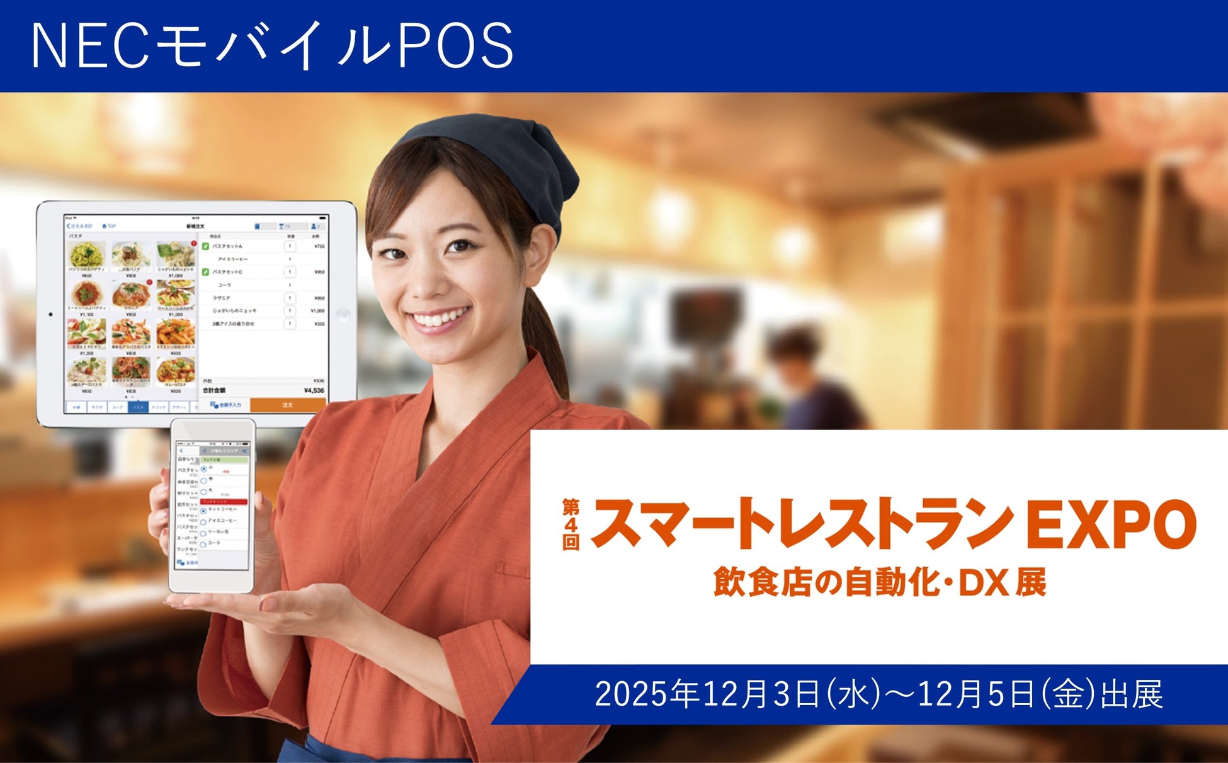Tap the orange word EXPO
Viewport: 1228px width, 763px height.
pos(1111,524)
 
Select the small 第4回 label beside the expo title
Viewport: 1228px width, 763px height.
pos(571,524)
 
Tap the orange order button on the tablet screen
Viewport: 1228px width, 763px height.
pos(287,405)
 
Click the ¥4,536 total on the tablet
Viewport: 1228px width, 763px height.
pos(313,390)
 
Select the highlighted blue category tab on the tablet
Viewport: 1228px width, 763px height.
pos(138,407)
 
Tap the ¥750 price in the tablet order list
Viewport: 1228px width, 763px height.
pos(319,246)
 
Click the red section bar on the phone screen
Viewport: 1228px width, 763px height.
pos(224,501)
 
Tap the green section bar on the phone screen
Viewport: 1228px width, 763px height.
pos(224,460)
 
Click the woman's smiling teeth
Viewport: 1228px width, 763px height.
pos(441,318)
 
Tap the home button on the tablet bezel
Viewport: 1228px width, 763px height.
pos(343,314)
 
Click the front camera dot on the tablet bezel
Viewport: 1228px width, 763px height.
pos(50,314)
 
